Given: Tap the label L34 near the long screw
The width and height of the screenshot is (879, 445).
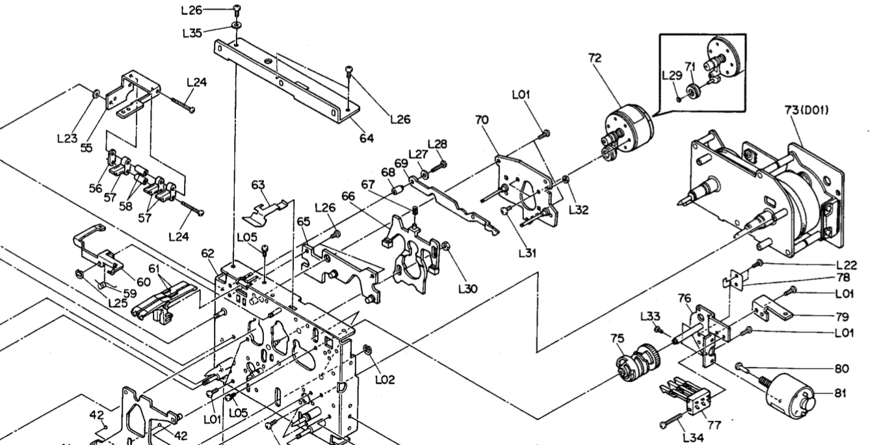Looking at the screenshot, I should tap(694, 437).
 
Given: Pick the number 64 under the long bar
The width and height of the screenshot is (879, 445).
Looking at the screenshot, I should tap(367, 138).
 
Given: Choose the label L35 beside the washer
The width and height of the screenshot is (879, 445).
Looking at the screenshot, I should tap(192, 33).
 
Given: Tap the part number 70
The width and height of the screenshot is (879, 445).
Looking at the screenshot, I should tap(482, 120).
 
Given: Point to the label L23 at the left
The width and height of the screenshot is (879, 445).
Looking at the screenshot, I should tap(68, 139).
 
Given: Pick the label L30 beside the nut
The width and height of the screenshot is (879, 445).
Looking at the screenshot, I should tap(468, 287).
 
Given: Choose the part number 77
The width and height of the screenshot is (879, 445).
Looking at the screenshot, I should tap(714, 425).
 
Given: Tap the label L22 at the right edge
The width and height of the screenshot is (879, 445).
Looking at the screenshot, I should tap(846, 265).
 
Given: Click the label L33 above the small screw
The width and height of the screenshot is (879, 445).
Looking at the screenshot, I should tap(651, 316).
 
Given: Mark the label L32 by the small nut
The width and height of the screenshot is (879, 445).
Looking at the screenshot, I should tap(579, 209).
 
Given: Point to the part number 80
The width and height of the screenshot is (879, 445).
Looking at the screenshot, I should tap(843, 368).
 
